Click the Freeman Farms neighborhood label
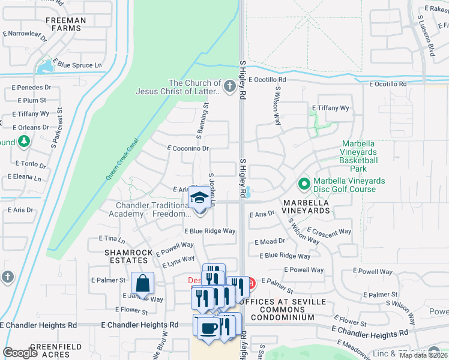pos(66,24)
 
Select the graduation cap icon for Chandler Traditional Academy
pos(199,197)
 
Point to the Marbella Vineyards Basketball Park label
pos(358,152)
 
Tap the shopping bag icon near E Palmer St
pos(143,283)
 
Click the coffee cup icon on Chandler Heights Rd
pos(209,328)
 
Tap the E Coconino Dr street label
pos(188,148)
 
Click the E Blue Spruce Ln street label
pos(77,64)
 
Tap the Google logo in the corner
pos(20,353)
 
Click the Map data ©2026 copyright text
pos(423,355)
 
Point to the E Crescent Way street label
pos(329,231)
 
